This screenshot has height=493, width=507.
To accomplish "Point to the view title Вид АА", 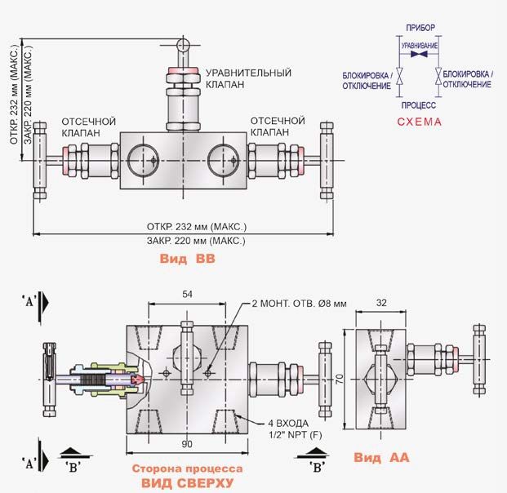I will pos(381,459).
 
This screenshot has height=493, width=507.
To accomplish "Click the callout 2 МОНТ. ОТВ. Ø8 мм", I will pos(299,303).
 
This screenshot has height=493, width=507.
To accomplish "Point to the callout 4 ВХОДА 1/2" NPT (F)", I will pos(295,428).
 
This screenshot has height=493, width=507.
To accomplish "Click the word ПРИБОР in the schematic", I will pos(420,29).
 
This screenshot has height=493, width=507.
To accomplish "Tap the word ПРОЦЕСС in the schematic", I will pos(419,105).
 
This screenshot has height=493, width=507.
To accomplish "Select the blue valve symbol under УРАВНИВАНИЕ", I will pos(420,56).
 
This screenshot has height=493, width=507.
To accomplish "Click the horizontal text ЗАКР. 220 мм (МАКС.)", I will pos(196,241).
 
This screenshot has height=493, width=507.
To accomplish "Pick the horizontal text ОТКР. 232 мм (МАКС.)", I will pos(197,225).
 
